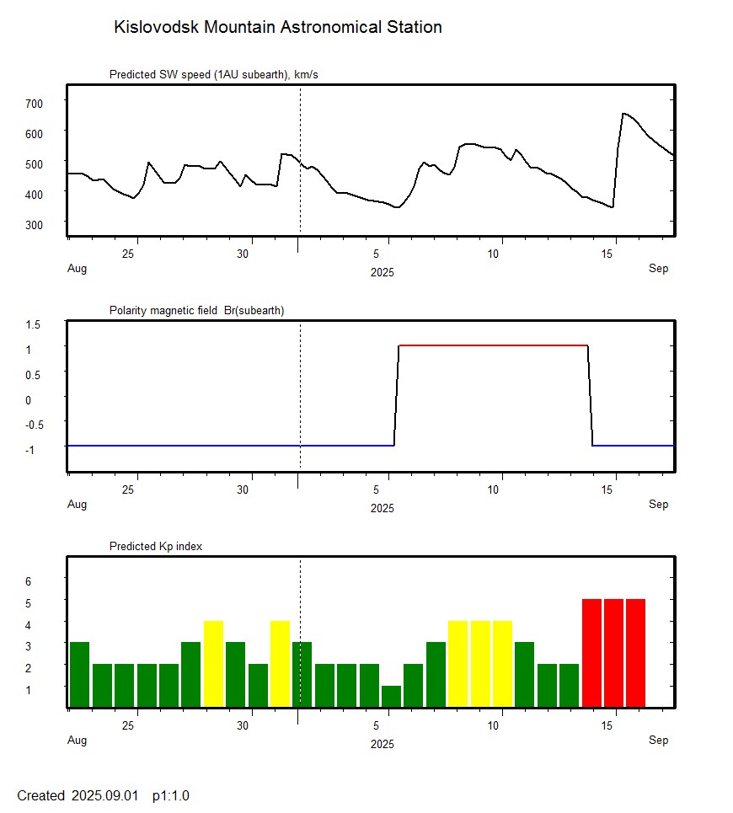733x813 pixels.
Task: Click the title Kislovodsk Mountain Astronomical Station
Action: [x=277, y=28]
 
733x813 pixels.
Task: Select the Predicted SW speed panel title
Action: [x=213, y=75]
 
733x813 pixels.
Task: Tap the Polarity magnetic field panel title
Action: [x=196, y=311]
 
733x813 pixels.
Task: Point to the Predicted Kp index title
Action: [x=156, y=547]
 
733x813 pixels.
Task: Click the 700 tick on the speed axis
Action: [x=34, y=103]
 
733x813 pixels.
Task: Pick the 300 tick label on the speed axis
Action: [x=34, y=224]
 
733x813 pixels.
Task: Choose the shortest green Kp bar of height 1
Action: [x=391, y=696]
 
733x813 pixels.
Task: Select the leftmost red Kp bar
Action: [x=591, y=653]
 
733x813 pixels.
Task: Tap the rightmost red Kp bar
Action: [x=635, y=653]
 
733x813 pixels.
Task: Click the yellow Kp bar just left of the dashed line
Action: [x=281, y=664]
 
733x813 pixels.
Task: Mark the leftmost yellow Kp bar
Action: [x=213, y=664]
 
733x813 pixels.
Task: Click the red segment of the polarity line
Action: [x=493, y=345]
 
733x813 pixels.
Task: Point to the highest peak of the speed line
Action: [x=623, y=113]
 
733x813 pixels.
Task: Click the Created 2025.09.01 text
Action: [x=78, y=796]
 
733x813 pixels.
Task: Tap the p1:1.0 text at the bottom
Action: [x=171, y=796]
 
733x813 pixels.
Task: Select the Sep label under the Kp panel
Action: [x=658, y=741]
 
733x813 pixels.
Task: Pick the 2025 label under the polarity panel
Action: [x=382, y=509]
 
